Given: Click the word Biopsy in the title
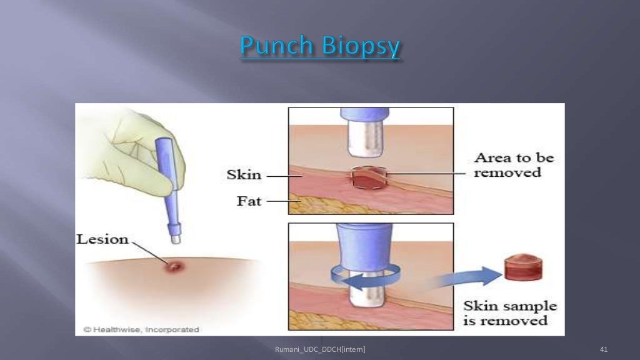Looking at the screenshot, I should pos(359,48).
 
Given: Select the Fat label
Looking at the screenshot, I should pos(248,201).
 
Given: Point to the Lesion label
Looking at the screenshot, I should pos(102,239).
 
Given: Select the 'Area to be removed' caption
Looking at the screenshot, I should pos(514,164).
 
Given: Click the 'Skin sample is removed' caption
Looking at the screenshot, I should pos(510,313).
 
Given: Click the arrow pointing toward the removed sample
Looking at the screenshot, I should pos(463,277).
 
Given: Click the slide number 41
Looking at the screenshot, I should pos(603,349).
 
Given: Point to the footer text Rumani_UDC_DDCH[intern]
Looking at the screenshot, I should pos(320,349).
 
